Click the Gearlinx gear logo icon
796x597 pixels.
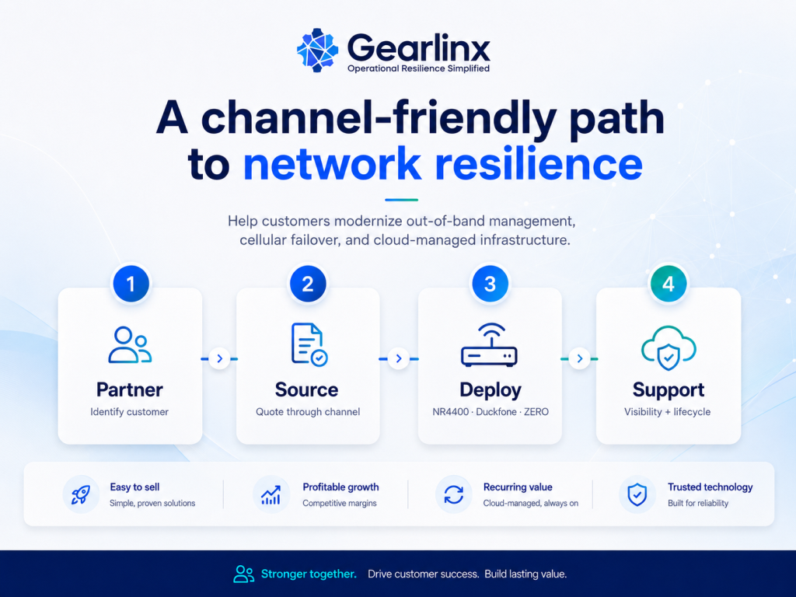(317, 50)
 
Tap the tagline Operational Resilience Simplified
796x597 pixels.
(418, 68)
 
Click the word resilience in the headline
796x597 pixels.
(539, 163)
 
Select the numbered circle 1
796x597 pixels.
(131, 284)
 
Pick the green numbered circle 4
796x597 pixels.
(668, 284)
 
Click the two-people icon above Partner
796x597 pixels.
(130, 345)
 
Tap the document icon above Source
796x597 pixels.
(309, 344)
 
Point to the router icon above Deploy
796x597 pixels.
(490, 344)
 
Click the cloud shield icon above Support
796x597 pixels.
(669, 347)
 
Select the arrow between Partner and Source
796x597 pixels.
(220, 359)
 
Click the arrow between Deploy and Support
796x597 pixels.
(579, 359)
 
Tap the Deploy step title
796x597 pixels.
(491, 390)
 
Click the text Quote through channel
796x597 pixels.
(308, 412)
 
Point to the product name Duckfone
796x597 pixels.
(496, 412)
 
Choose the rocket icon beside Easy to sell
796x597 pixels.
(81, 494)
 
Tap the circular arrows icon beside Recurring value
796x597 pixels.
(453, 494)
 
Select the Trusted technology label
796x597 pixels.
(710, 487)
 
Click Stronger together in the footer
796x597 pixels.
(309, 574)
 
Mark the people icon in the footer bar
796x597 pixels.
(243, 574)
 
